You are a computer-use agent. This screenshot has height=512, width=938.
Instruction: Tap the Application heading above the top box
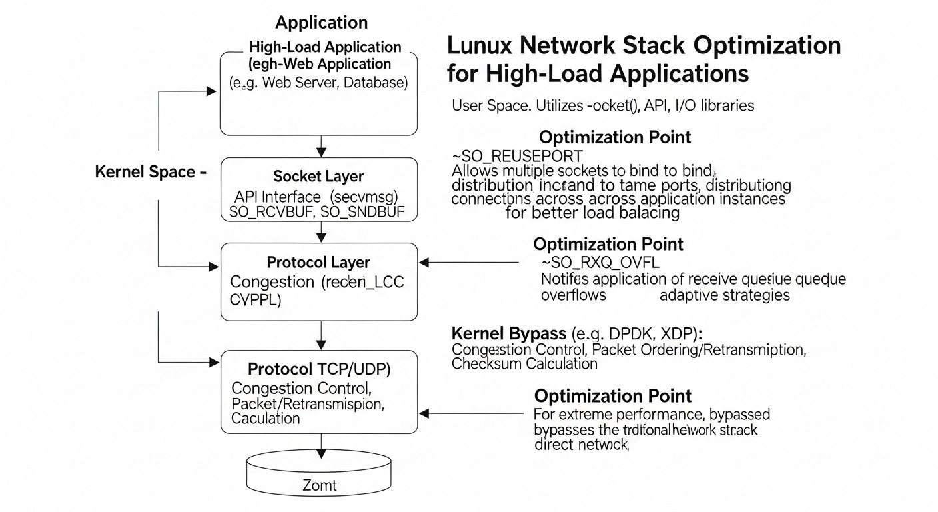click(321, 23)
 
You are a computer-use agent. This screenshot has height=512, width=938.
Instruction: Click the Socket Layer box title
click(318, 177)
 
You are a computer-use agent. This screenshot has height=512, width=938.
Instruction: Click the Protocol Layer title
click(318, 262)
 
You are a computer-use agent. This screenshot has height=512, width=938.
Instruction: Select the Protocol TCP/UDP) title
click(318, 369)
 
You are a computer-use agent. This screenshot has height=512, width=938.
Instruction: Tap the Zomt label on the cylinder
click(320, 485)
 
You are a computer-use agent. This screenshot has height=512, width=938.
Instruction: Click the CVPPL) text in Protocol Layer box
click(255, 300)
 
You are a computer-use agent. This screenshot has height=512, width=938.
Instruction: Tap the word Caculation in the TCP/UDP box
click(265, 418)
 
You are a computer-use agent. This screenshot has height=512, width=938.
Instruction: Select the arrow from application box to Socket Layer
click(322, 145)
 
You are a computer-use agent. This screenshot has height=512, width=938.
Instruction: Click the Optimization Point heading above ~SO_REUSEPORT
click(614, 137)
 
